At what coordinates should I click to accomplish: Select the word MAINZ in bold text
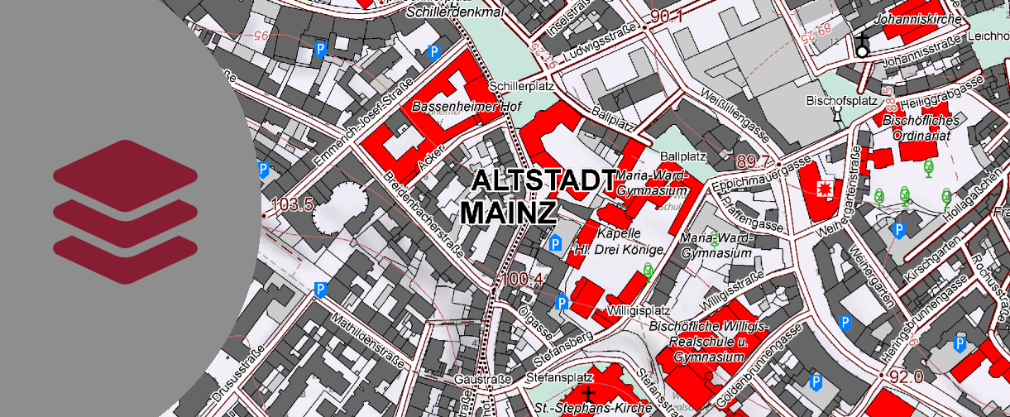click(x=508, y=212)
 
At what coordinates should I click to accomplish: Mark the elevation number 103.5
click(x=290, y=205)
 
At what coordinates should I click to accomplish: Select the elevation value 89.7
click(x=754, y=161)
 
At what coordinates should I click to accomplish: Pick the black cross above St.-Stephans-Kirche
click(x=588, y=393)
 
